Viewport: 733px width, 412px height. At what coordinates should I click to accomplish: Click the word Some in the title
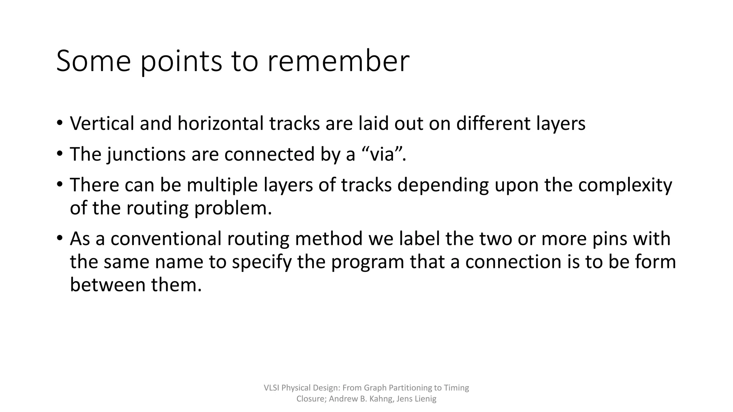93,61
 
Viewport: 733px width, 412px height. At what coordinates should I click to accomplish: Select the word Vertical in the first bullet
102,123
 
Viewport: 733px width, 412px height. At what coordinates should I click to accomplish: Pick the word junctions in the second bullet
146,154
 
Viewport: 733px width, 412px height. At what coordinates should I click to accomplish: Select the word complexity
625,185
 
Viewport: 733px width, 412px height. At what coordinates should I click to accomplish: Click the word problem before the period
230,209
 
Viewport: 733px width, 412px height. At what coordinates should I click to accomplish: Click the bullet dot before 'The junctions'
59,154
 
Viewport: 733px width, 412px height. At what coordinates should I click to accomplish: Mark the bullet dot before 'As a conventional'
59,238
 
